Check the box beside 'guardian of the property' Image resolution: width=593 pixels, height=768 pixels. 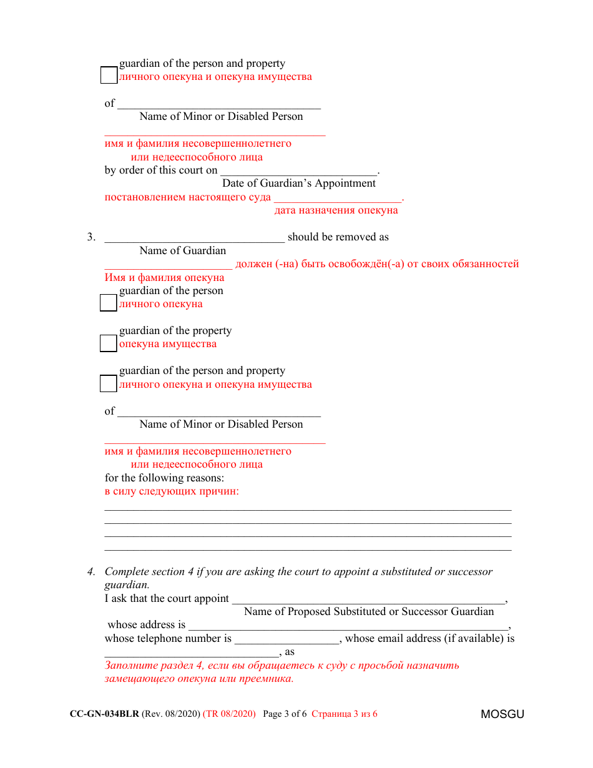(x=109, y=343)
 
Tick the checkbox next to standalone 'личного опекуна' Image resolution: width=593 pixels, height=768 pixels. (x=109, y=303)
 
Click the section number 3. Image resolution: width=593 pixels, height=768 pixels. (x=91, y=237)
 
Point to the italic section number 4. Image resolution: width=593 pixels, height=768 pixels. (x=91, y=572)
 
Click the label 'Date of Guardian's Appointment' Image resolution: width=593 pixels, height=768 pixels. (x=299, y=184)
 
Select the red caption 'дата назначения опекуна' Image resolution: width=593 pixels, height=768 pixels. (x=336, y=210)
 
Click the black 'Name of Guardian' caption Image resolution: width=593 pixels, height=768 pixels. (x=183, y=251)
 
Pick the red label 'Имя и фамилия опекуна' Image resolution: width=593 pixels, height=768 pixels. (x=164, y=278)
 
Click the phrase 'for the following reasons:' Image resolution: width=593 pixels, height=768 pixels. (x=164, y=478)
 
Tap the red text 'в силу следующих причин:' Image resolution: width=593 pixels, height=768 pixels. (x=172, y=491)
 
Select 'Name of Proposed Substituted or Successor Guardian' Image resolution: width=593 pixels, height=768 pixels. (x=369, y=612)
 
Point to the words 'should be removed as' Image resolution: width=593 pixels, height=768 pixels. (x=338, y=237)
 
